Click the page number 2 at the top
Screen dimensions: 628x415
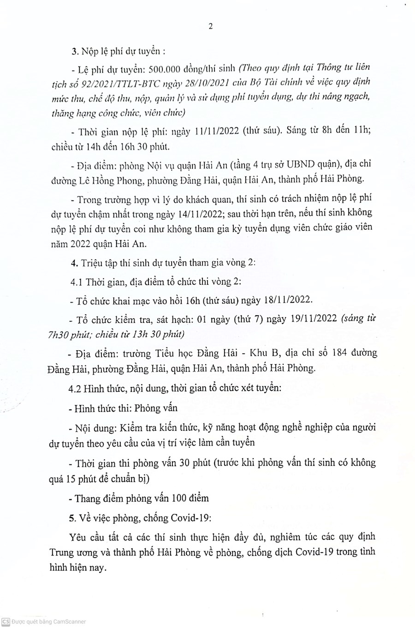(210, 26)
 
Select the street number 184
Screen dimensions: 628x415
(339, 353)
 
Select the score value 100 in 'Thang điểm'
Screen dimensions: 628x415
(178, 498)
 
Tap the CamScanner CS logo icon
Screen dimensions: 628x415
(6, 622)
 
